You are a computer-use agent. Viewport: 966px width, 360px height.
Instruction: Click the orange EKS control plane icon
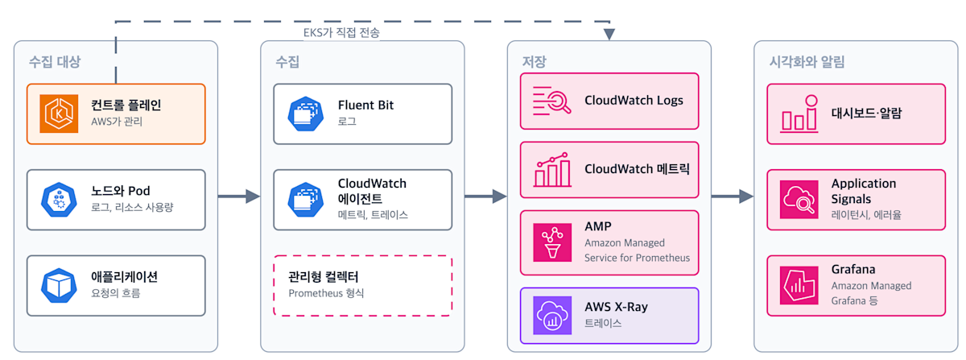[59, 114]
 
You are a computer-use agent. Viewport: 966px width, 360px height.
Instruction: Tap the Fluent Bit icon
[306, 114]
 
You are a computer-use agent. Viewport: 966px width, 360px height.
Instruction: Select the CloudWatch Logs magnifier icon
[552, 101]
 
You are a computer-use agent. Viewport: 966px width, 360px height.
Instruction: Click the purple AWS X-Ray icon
[552, 316]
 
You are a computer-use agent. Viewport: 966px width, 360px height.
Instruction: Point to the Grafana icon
[799, 285]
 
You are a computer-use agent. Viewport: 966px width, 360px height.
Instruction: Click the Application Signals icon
[799, 200]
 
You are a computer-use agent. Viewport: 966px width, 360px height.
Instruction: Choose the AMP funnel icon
[552, 242]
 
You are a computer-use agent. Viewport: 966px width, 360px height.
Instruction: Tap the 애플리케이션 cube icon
[59, 285]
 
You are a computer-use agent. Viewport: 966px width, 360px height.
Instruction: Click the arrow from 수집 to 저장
[485, 197]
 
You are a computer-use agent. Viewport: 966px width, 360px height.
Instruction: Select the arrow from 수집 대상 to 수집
[239, 197]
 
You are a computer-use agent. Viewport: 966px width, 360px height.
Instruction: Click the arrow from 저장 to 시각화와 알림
[733, 197]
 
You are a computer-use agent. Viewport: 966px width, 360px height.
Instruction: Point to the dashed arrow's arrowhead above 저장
[609, 34]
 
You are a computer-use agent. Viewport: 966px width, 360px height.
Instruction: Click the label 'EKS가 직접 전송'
[341, 32]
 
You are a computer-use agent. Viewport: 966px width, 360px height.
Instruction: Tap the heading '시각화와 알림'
[807, 62]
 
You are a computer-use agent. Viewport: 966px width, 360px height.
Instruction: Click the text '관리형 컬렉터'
[323, 277]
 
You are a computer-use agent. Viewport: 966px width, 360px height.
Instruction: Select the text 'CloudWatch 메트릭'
[637, 169]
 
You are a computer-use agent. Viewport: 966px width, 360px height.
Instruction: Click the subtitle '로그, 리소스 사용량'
[132, 208]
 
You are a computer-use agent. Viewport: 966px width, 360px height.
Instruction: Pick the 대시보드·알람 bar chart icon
[799, 114]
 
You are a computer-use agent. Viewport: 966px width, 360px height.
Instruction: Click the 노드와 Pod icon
[59, 200]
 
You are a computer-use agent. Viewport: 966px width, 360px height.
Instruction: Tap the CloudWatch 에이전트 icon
[306, 200]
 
